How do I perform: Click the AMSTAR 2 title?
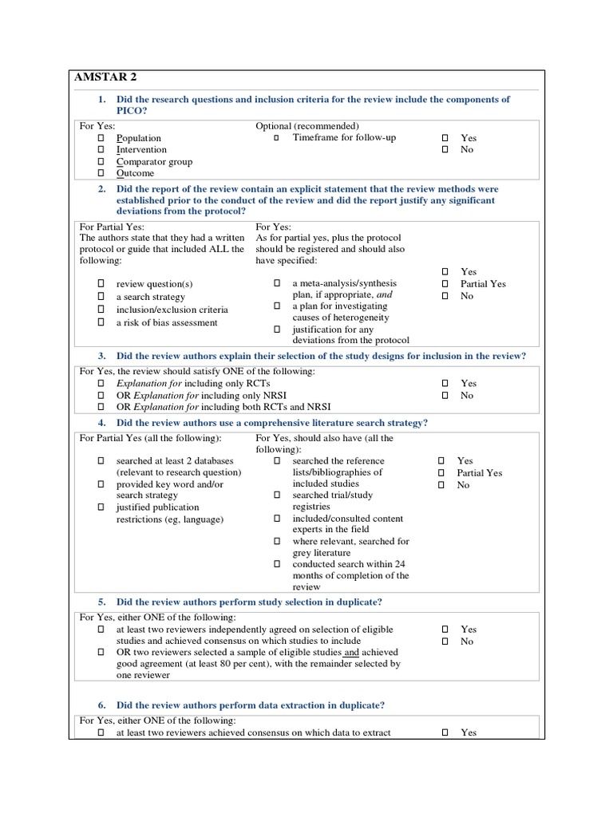[105, 77]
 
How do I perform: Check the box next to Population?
[101, 138]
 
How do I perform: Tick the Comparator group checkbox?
[101, 161]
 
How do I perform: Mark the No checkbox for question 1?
[445, 149]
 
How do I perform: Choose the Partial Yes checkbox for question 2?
[445, 284]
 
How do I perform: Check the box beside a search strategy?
[101, 297]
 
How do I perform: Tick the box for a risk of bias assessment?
[101, 322]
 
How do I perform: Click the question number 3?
[102, 356]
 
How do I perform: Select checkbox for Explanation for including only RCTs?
[101, 384]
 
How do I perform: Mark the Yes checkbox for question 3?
[445, 384]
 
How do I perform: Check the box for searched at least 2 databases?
[101, 461]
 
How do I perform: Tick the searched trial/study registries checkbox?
[277, 495]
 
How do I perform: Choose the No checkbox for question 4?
[441, 485]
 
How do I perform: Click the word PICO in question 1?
[132, 111]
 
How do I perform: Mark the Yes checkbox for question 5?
[445, 630]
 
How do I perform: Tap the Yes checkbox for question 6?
[445, 732]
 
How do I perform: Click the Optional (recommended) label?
[307, 126]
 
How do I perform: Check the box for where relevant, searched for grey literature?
[277, 541]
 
